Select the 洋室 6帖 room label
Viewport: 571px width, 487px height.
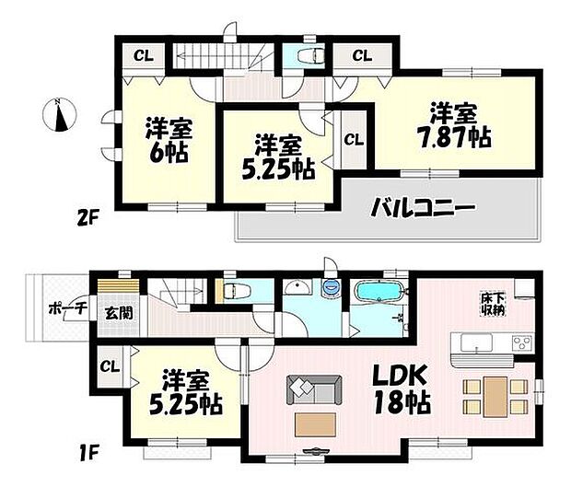(x=168, y=139)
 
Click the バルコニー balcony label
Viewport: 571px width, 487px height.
(x=423, y=209)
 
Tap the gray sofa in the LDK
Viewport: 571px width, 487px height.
(x=312, y=388)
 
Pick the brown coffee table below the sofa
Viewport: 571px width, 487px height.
(x=315, y=424)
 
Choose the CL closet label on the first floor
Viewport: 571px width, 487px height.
(x=108, y=366)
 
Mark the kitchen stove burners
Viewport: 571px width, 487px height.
(x=520, y=343)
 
